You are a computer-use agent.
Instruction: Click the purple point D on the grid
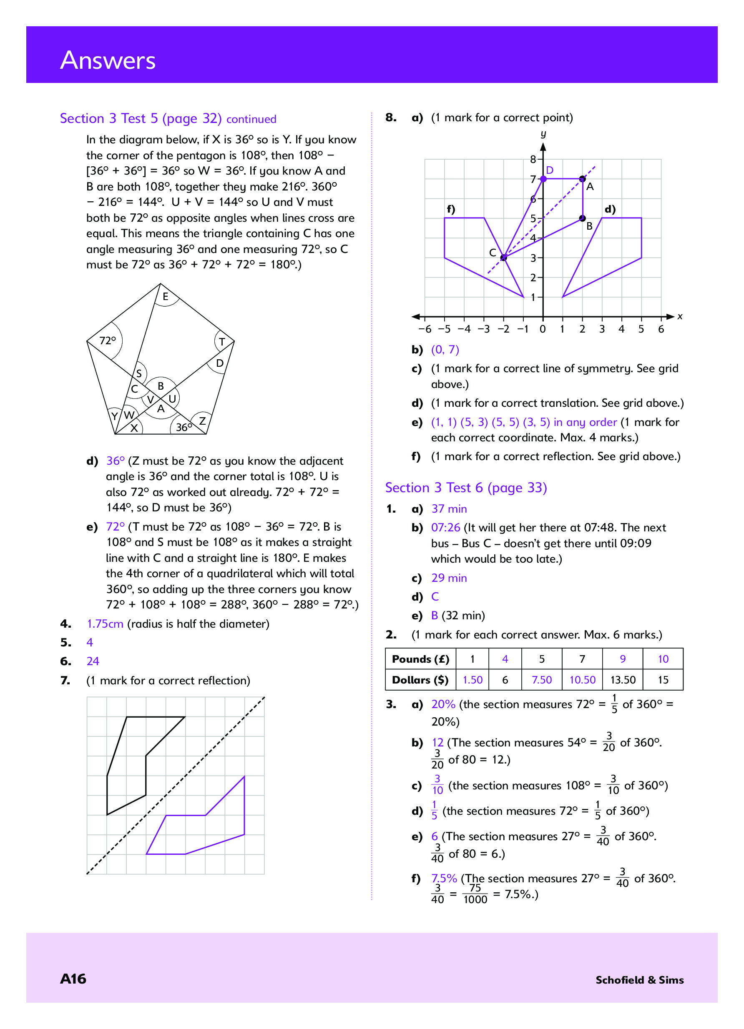click(x=543, y=179)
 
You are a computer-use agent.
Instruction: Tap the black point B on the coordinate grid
click(x=583, y=218)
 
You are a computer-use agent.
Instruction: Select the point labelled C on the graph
click(x=503, y=258)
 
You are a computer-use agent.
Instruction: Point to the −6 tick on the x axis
click(x=425, y=329)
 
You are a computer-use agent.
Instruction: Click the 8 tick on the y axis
click(x=533, y=159)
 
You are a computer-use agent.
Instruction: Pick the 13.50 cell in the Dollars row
click(x=622, y=680)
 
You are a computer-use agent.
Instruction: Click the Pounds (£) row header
click(x=420, y=659)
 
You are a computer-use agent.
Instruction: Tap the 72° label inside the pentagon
click(x=108, y=340)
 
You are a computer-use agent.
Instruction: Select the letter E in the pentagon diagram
click(x=165, y=297)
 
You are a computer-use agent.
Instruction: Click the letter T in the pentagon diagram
click(x=221, y=342)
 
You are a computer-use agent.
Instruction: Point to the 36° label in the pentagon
click(x=183, y=427)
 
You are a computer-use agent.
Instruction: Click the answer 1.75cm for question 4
click(x=105, y=624)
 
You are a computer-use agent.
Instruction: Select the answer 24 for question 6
click(x=93, y=661)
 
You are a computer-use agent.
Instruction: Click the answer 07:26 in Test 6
click(x=445, y=528)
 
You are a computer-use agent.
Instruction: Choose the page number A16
click(x=73, y=979)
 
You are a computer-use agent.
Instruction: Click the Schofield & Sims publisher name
click(x=639, y=980)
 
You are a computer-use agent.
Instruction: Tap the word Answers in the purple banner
click(x=108, y=60)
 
